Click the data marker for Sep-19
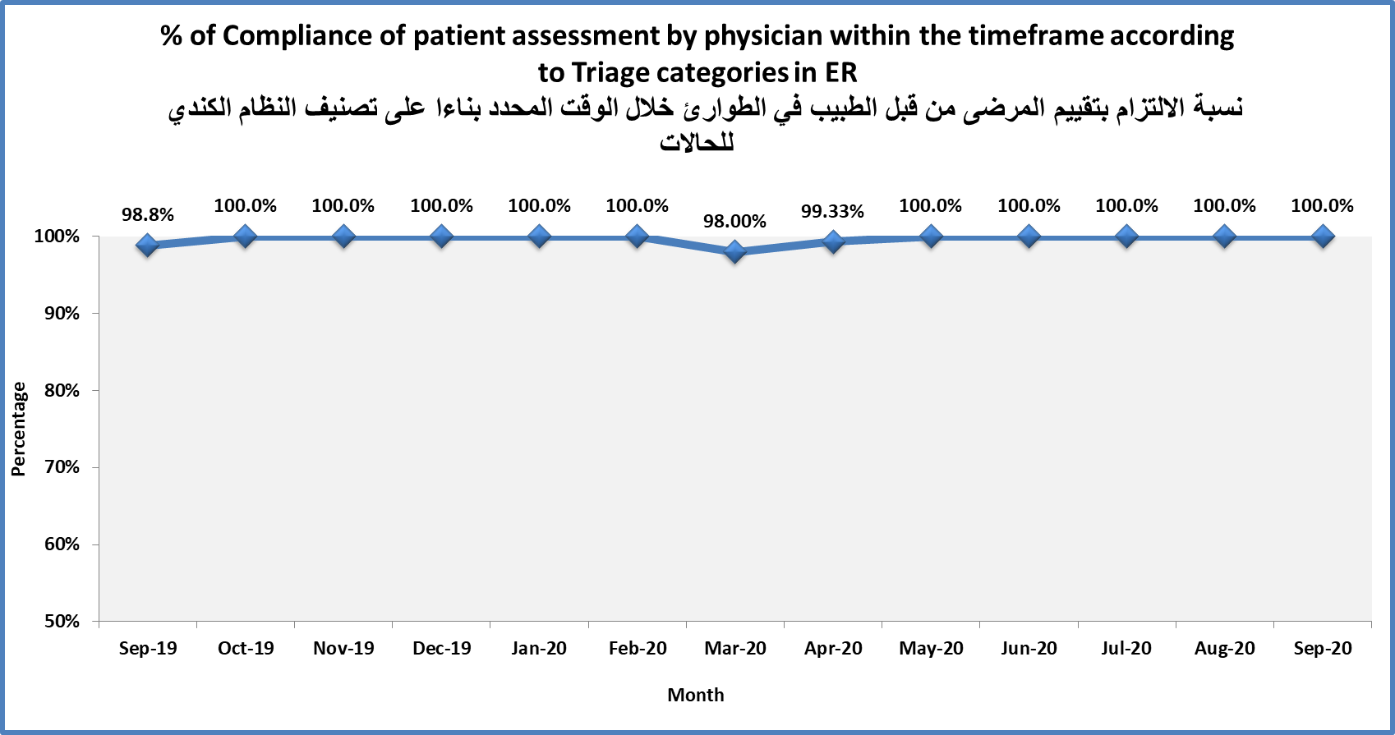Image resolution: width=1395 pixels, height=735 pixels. coord(148,245)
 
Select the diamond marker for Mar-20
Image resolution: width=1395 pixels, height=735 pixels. coord(735,251)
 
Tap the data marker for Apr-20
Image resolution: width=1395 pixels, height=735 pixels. coord(833,241)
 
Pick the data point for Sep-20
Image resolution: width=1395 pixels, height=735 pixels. coord(1323,237)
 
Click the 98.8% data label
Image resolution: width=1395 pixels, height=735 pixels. coord(148,215)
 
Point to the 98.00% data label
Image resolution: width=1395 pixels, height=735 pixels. coord(734,222)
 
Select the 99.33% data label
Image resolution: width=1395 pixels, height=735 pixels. coord(832,212)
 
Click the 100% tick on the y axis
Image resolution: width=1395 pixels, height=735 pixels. coord(57,237)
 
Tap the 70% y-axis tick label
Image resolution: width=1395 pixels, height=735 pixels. coord(62,467)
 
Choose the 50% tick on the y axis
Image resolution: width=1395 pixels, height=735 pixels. coord(62,622)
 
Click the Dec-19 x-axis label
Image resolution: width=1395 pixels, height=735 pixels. coord(442,649)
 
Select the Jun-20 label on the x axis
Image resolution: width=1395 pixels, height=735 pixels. coord(1029,649)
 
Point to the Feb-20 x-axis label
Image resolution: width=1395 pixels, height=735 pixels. coord(638,649)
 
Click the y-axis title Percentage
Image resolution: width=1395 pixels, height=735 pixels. coord(19,429)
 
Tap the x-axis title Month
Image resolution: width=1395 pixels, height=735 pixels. coord(696,696)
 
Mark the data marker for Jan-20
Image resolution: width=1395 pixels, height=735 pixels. coord(540,237)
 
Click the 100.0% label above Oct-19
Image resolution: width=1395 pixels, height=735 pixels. coord(245,206)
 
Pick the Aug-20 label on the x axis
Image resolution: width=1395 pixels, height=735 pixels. coord(1224,649)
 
